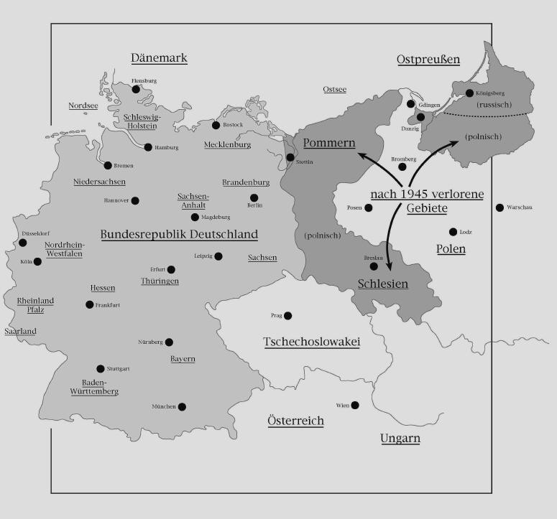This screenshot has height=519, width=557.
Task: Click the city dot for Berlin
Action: [254, 198]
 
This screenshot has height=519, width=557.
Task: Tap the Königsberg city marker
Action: [469, 93]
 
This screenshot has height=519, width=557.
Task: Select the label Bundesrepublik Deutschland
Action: [179, 235]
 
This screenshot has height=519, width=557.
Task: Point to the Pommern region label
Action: [329, 143]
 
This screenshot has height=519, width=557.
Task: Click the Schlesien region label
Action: [382, 284]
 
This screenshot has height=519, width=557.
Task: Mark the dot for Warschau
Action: [500, 207]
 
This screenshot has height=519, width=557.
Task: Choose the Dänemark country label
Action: [159, 59]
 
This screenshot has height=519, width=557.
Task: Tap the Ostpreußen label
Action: [428, 60]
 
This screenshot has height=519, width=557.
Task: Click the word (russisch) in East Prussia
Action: [493, 105]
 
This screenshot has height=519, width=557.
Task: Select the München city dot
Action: [182, 407]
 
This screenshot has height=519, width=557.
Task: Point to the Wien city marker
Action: [355, 406]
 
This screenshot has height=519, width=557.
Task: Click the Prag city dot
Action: [287, 316]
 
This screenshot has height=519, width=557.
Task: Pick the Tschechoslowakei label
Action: [311, 342]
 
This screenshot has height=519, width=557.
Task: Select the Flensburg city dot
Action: [136, 89]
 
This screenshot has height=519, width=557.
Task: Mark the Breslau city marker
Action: [373, 266]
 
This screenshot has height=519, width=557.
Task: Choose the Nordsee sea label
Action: [83, 106]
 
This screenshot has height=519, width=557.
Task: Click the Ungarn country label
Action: [400, 439]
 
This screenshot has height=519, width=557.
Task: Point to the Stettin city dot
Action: [290, 157]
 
